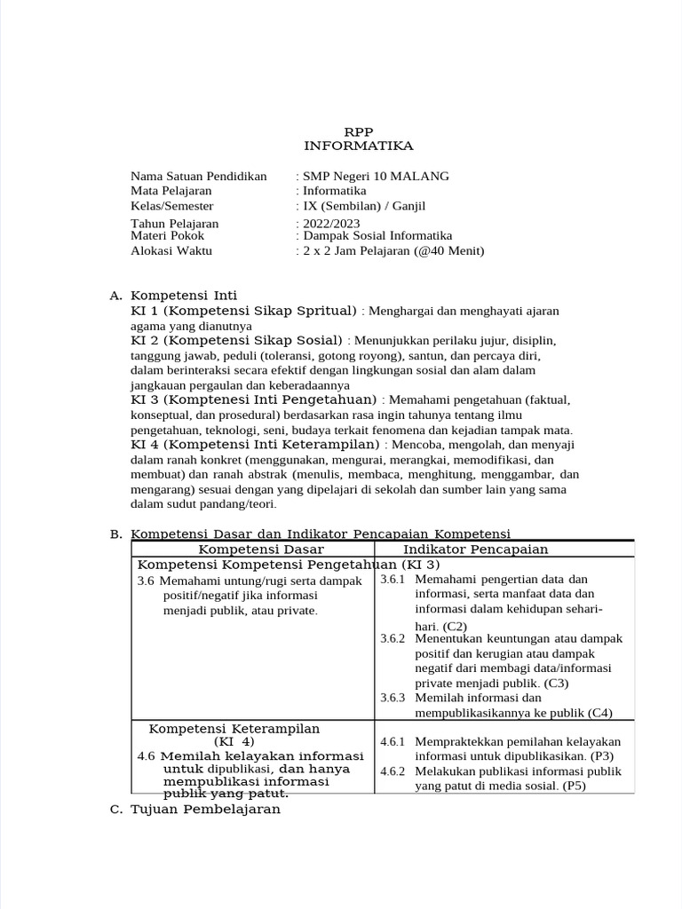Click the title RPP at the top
pos(358,131)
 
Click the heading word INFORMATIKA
pos(358,146)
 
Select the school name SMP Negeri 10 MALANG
pos(376,176)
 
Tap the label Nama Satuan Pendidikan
pos(198,176)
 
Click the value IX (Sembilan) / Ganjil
pos(364,205)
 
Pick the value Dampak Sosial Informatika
pos(377,236)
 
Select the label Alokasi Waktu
pos(171,250)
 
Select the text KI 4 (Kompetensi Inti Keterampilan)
pos(255,443)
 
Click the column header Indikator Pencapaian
pos(475,549)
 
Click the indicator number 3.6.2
pos(393,639)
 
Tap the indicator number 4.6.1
pos(393,742)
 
